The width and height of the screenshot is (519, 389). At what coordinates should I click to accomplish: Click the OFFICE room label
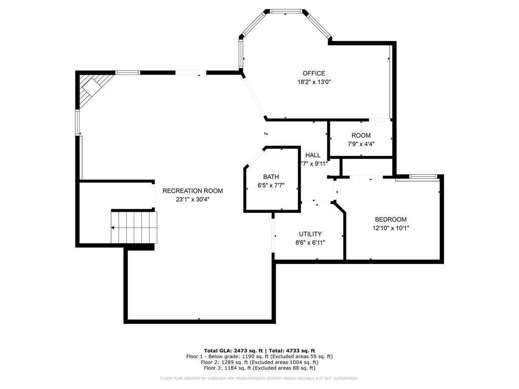(x=314, y=73)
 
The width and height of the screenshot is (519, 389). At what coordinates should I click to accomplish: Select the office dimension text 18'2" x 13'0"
(x=314, y=82)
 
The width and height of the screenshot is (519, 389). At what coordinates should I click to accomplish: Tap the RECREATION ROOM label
(x=193, y=191)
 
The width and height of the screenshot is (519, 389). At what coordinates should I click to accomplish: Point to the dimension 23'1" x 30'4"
(x=193, y=199)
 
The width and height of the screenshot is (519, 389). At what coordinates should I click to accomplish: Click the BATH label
(x=271, y=177)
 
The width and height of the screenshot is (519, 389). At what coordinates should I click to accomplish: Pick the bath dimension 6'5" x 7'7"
(x=271, y=185)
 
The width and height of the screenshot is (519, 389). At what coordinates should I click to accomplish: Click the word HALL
(x=313, y=155)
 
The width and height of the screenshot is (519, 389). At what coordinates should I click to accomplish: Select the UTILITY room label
(x=310, y=234)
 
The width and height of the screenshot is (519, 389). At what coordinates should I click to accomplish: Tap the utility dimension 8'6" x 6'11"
(x=310, y=242)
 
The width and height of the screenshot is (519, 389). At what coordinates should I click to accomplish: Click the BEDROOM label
(x=390, y=219)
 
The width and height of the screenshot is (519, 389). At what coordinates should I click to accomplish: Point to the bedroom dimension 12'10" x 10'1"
(x=390, y=228)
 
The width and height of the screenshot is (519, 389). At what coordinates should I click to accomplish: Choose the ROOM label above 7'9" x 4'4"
(x=361, y=135)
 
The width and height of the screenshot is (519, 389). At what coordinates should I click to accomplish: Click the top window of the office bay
(x=286, y=11)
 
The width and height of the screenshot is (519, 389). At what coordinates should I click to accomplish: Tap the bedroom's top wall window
(x=423, y=177)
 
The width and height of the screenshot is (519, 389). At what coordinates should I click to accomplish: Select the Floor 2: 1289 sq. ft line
(x=259, y=362)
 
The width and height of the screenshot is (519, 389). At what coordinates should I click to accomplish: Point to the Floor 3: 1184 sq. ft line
(x=259, y=368)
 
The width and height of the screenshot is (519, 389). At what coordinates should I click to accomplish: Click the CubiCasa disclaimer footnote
(x=259, y=378)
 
